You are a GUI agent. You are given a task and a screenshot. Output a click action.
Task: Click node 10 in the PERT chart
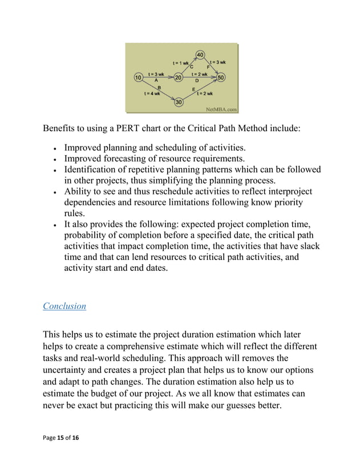137,77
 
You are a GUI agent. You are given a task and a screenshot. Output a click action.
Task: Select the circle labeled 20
179,77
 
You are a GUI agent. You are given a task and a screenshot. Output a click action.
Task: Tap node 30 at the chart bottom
178,102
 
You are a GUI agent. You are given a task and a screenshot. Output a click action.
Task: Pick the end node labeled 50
221,77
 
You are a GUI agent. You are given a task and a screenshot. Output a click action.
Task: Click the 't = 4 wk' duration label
152,93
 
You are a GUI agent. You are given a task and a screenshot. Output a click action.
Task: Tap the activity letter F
209,67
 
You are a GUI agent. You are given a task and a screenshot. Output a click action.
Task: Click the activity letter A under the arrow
156,80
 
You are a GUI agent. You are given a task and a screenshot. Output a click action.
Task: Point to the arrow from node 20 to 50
200,77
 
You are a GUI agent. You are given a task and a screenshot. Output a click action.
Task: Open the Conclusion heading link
64,306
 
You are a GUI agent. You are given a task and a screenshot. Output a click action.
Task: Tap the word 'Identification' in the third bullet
92,169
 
